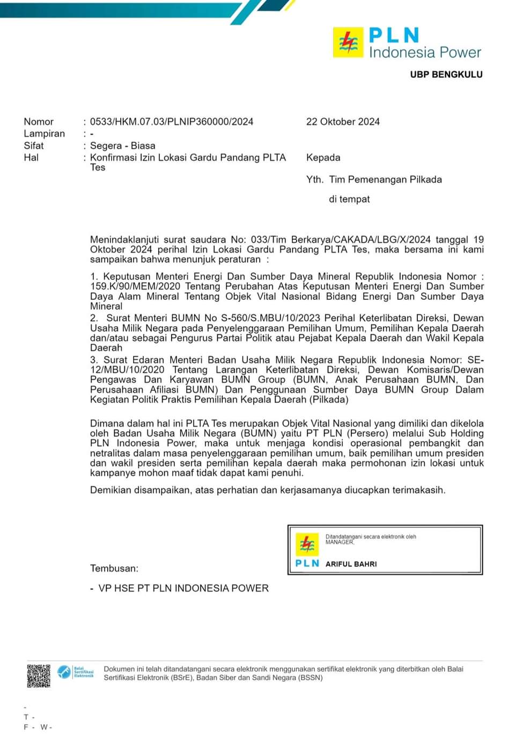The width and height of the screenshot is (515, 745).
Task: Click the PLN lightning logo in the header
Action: point(348,43)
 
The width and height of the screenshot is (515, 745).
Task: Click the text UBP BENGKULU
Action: point(446,75)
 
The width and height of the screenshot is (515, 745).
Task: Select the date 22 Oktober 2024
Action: point(343,122)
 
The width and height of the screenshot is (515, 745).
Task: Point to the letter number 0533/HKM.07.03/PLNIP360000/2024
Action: point(172,122)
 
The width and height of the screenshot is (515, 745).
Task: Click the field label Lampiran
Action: point(44,134)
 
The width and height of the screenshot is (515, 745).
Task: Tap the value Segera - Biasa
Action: point(123,145)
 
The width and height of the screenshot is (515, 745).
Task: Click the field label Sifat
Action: point(34,145)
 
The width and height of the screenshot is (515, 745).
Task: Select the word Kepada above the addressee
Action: point(323,158)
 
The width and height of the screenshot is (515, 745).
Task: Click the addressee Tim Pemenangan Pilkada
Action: point(385,180)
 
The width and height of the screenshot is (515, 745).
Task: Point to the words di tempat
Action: point(349,199)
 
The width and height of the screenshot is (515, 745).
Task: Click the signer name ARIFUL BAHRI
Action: point(351,564)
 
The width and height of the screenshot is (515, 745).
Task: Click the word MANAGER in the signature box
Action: point(340,542)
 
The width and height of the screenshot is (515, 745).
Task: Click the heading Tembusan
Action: point(114,568)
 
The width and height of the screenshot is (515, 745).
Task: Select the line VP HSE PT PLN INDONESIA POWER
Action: point(183,588)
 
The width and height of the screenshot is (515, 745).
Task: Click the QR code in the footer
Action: point(39,675)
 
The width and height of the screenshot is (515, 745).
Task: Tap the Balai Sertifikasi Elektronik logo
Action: point(76,672)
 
